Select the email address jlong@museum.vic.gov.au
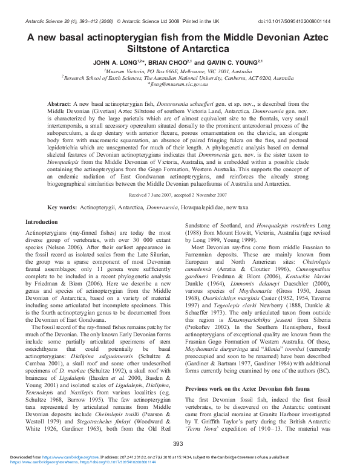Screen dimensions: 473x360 tap(180, 85)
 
